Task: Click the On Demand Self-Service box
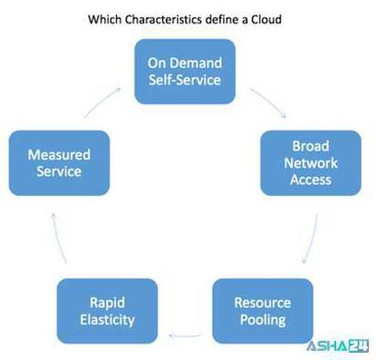[x=185, y=72]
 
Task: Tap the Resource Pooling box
[x=262, y=311]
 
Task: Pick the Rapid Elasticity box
[x=107, y=311]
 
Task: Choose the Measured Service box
[x=58, y=163]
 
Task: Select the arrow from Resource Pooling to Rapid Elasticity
[x=185, y=335]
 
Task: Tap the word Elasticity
[x=107, y=319]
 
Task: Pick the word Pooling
[x=262, y=319]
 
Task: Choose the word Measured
[x=58, y=155]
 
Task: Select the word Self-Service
[x=185, y=80]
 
